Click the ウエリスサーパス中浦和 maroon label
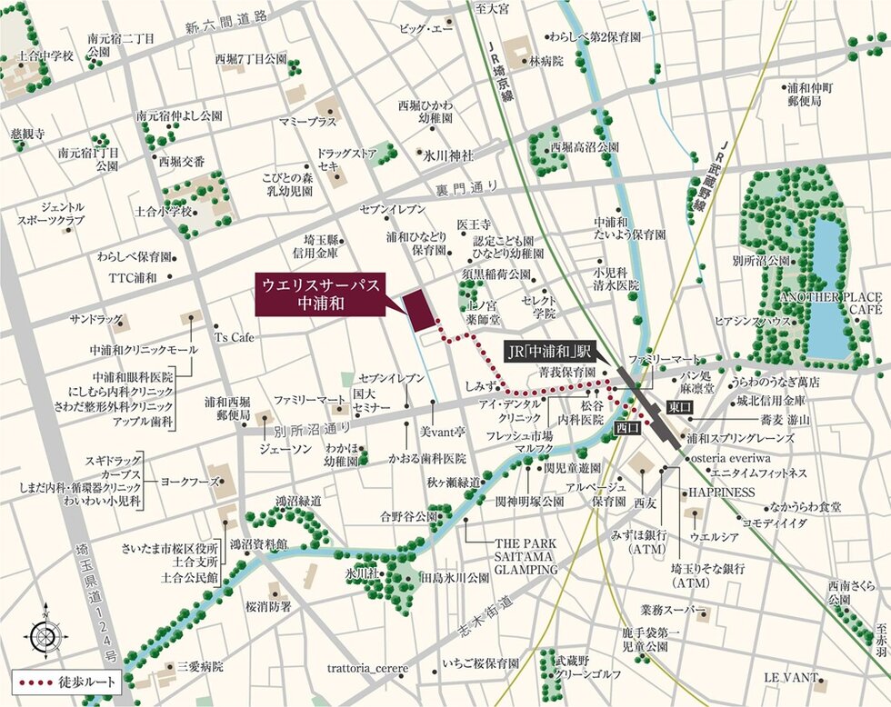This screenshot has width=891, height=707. [321, 294]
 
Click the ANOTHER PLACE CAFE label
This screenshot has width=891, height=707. [830, 304]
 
